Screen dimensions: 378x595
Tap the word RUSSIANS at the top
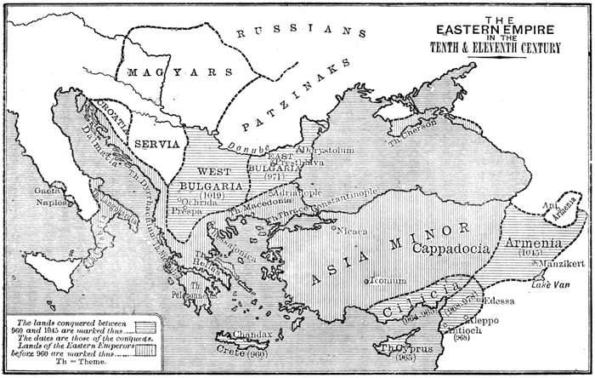point(293,31)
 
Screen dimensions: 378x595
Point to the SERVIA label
point(156,143)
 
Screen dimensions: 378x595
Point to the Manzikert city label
point(560,264)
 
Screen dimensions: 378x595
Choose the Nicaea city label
point(354,229)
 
